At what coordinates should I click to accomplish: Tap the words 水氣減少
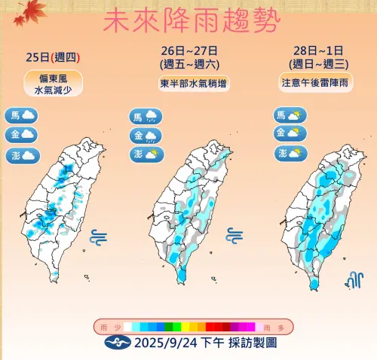(x=52, y=90)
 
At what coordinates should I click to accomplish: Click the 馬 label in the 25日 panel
(x=14, y=115)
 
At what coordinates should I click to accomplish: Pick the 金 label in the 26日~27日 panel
(x=138, y=136)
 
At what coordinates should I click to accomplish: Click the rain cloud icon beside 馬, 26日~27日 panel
(x=152, y=116)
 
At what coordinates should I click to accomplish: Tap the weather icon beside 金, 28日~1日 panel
(x=296, y=133)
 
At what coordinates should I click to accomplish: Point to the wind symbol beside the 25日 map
(x=98, y=237)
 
